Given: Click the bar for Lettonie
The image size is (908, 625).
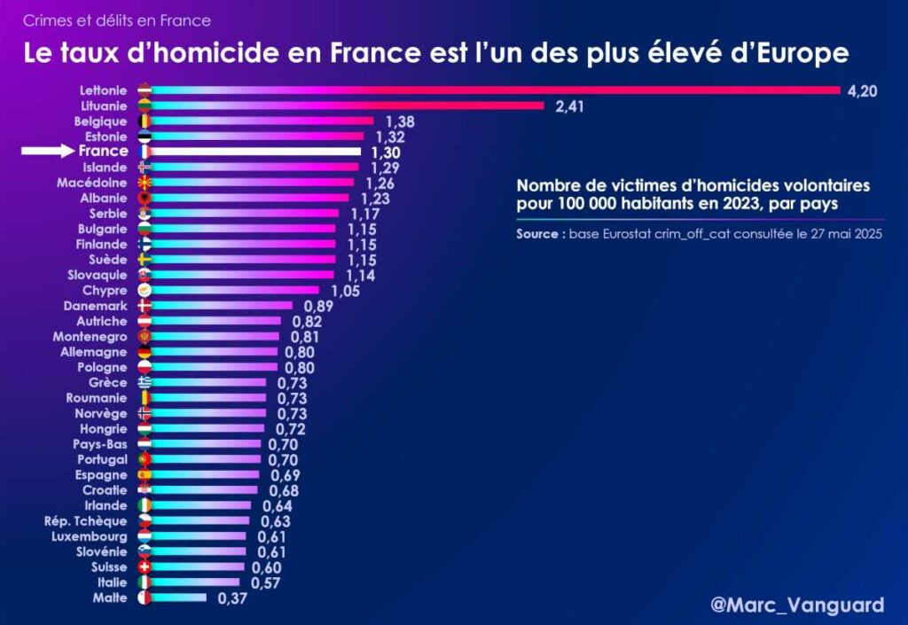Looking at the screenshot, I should [x=497, y=90].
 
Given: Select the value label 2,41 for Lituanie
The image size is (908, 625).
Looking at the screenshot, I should [x=573, y=106].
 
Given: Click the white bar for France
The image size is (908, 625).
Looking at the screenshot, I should [x=257, y=152].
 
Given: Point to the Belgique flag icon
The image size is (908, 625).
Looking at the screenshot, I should [x=145, y=121].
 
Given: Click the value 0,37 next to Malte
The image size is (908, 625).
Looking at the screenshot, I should [x=228, y=598].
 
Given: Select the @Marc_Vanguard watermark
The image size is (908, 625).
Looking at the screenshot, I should [x=797, y=605].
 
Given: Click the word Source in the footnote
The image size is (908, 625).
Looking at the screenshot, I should [x=537, y=235].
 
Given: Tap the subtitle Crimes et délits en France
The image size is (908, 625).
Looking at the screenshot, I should [x=117, y=20].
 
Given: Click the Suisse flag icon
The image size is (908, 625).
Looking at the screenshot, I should [x=145, y=567].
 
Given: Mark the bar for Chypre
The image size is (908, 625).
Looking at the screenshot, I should [x=235, y=290].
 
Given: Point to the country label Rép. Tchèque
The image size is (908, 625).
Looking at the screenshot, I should [x=86, y=521].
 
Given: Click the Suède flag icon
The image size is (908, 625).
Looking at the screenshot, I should [x=145, y=259].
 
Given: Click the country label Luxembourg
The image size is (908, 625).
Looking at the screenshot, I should [x=90, y=536].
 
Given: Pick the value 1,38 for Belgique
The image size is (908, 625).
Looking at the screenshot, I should [x=400, y=121].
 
